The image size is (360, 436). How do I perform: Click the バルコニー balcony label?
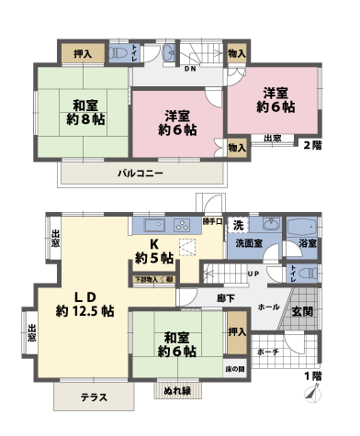tap(140, 173)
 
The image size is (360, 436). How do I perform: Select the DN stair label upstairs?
tap(190, 68)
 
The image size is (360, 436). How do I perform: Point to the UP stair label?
tap(252, 274)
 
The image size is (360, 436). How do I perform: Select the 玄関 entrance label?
tap(302, 312)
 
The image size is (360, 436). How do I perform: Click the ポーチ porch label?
tap(269, 352)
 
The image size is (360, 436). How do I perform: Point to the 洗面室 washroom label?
tap(249, 244)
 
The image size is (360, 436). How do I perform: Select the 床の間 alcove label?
tap(236, 369)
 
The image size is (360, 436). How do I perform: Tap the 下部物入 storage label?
tap(152, 277)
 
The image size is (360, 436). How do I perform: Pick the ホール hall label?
tap(268, 307)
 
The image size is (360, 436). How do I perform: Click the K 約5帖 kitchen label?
tap(154, 250)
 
